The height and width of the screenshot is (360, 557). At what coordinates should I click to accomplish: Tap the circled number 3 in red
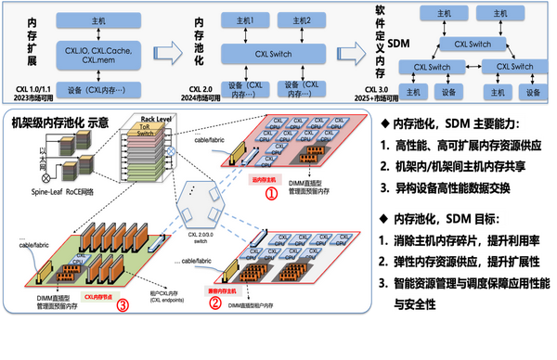tap(123, 310)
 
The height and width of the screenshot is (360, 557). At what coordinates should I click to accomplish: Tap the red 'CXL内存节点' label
tap(100, 297)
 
